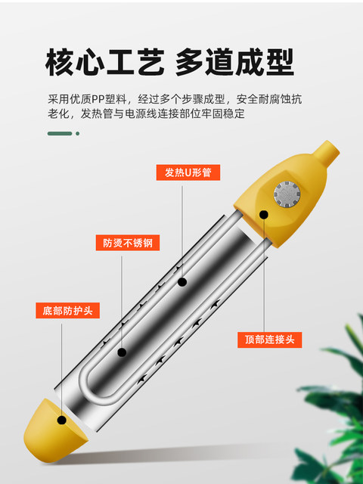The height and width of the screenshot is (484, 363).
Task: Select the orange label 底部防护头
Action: tap(68, 311)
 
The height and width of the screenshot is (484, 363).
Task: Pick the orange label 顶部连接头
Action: tap(268, 340)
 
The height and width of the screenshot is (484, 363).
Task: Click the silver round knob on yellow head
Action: tap(287, 194)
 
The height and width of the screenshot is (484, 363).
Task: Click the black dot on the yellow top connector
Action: tap(264, 215)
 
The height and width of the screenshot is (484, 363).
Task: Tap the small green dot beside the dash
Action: tap(77, 134)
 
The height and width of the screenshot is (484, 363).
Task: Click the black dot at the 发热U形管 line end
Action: tap(182, 281)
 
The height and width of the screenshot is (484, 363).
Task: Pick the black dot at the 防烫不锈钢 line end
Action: tap(123, 351)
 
